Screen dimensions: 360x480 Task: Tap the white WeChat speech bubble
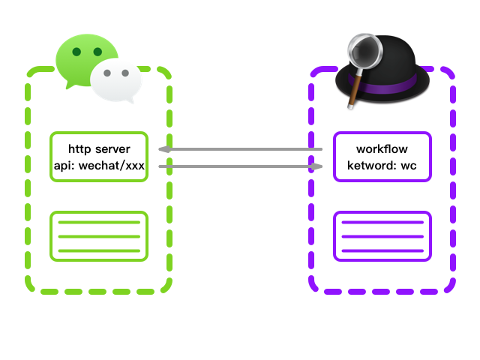pos(116,82)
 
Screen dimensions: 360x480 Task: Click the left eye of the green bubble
pos(76,52)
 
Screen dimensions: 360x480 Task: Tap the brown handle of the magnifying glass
pos(352,91)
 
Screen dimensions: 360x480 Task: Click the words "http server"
pos(99,149)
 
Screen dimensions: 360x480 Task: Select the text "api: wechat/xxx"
pos(99,165)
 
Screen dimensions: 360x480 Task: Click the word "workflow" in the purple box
pos(382,149)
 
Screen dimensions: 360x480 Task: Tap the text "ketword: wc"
pos(382,165)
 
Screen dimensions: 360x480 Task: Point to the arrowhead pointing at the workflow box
pos(318,166)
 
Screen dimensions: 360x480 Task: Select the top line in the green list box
pos(99,223)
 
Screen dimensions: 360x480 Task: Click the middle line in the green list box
pos(99,236)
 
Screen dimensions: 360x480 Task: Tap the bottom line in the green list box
pos(99,250)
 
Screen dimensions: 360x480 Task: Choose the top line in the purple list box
pos(382,223)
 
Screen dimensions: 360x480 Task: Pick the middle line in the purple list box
pos(382,236)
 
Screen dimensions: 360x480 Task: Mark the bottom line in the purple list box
pos(382,250)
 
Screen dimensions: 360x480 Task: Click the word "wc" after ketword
pos(409,165)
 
